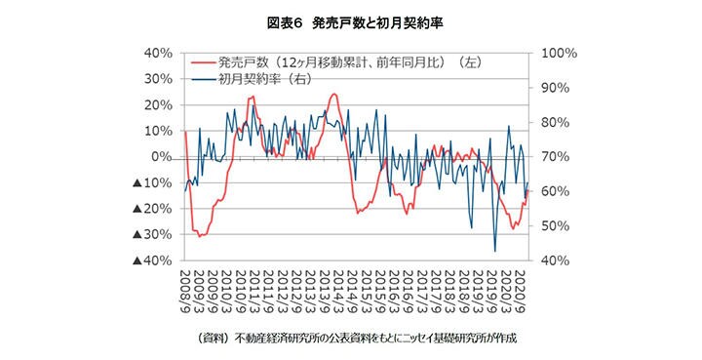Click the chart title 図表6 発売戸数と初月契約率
click(x=350, y=20)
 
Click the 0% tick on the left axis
click(x=161, y=156)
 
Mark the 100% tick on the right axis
click(x=552, y=53)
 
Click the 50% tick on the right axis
click(x=548, y=226)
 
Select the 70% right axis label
click(x=548, y=156)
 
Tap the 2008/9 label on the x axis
click(x=185, y=290)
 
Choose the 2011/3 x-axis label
click(x=255, y=290)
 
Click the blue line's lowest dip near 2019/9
click(x=494, y=252)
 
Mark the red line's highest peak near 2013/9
click(x=333, y=95)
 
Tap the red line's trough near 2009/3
click(x=199, y=236)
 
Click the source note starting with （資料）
click(x=350, y=338)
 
